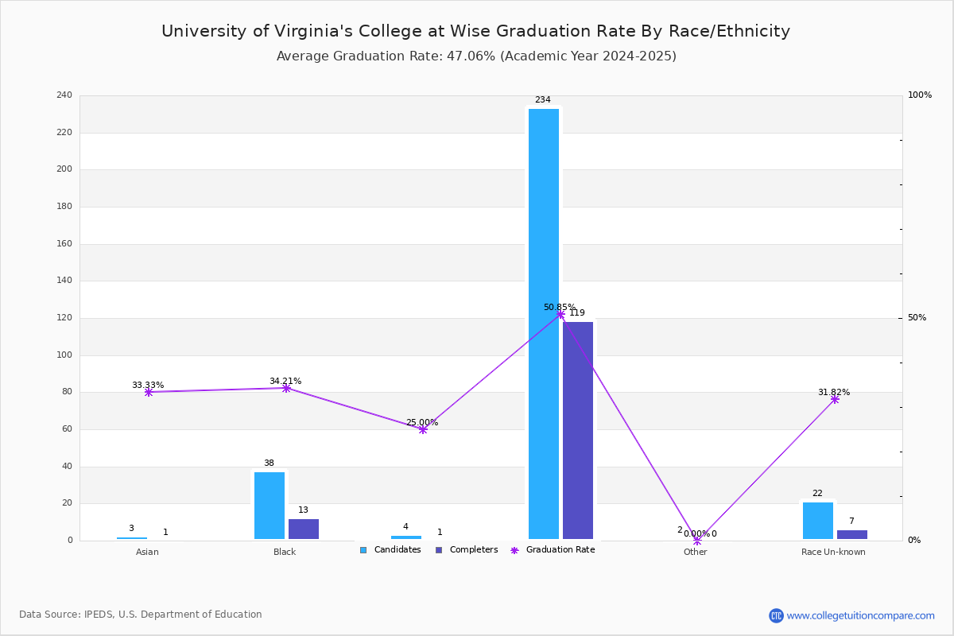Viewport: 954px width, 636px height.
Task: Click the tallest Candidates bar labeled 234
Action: click(544, 324)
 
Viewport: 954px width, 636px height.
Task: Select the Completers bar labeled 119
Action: click(578, 430)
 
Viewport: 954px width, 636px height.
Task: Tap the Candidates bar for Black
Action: click(270, 506)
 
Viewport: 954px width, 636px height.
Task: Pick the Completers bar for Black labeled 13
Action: click(304, 529)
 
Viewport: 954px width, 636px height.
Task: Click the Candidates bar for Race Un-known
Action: click(818, 521)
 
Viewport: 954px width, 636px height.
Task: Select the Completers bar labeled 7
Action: click(852, 534)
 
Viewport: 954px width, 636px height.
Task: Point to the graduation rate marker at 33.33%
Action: click(149, 392)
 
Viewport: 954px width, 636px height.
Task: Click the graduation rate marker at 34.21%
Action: click(286, 388)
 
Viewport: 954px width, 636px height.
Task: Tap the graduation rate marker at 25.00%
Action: click(423, 429)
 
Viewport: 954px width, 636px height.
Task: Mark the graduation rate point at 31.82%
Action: click(835, 399)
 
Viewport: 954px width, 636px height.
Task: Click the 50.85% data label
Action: click(559, 307)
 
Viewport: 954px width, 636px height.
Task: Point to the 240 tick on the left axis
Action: click(64, 95)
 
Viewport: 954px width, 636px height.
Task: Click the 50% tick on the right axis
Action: click(917, 318)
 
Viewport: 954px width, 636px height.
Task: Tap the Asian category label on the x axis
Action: click(147, 552)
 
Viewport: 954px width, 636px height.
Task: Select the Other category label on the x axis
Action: click(695, 552)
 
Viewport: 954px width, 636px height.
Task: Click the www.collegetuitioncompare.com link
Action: click(860, 615)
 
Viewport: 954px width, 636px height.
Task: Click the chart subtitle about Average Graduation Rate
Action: click(476, 56)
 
